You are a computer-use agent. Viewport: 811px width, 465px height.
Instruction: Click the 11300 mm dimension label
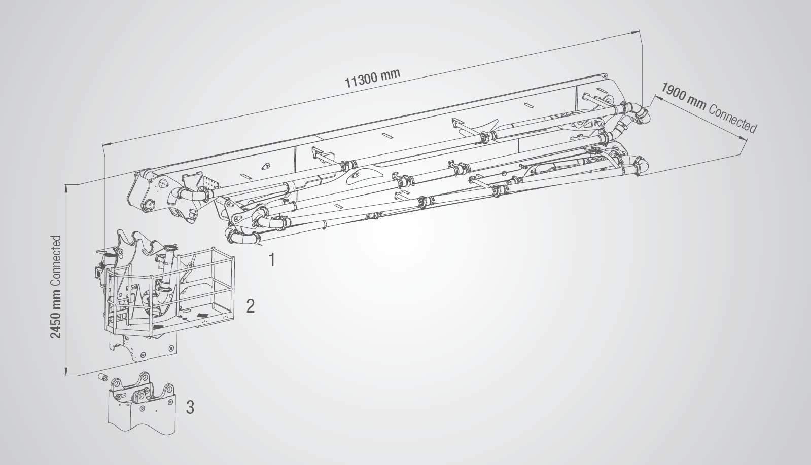372,77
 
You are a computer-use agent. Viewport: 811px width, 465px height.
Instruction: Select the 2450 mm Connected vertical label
56,287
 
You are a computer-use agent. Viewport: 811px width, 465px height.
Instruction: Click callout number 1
271,260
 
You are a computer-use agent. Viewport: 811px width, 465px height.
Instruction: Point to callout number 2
250,306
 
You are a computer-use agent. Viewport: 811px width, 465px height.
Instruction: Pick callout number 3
190,407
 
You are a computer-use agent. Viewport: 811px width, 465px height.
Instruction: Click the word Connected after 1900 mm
732,119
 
